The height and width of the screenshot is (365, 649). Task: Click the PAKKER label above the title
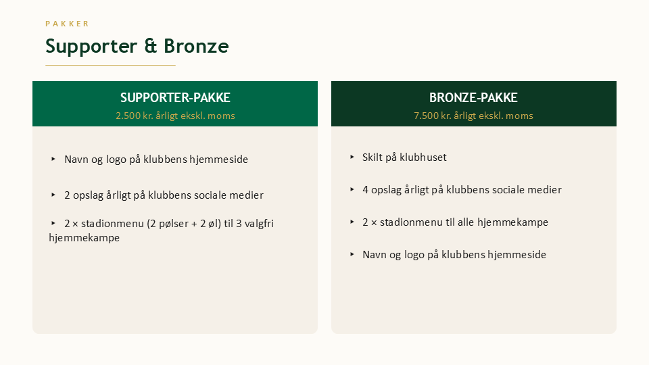coord(67,24)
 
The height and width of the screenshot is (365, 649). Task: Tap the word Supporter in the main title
coord(91,47)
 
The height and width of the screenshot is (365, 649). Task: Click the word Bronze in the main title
coord(196,46)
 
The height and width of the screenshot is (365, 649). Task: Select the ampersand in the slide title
coord(151,45)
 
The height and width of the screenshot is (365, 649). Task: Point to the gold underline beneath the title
coord(110,65)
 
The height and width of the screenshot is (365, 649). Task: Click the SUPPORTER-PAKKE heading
coord(175,97)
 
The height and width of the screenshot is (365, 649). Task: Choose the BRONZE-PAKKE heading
coord(473,97)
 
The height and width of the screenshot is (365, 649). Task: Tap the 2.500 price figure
coord(128,116)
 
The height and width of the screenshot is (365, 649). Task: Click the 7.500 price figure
coord(427,116)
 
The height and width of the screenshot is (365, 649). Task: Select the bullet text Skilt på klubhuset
coord(404,157)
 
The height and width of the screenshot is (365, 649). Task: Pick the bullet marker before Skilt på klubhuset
coord(352,157)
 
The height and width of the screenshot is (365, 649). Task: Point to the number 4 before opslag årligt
coord(366,189)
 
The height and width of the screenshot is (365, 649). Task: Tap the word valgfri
coord(259,224)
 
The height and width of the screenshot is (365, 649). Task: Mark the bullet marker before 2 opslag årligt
coord(53,195)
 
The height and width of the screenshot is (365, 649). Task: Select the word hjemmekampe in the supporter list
coord(84,237)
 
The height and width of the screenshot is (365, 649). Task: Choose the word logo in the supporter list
coord(116,160)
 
